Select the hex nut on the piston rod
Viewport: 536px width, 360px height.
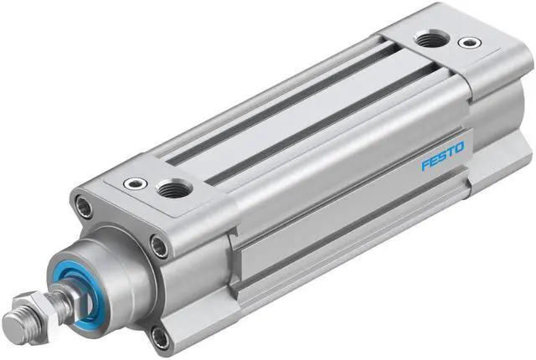[44, 302]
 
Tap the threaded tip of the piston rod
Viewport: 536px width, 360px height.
[17, 321]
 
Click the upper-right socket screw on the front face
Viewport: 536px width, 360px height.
[158, 244]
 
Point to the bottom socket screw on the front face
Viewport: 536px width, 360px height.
[160, 337]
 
